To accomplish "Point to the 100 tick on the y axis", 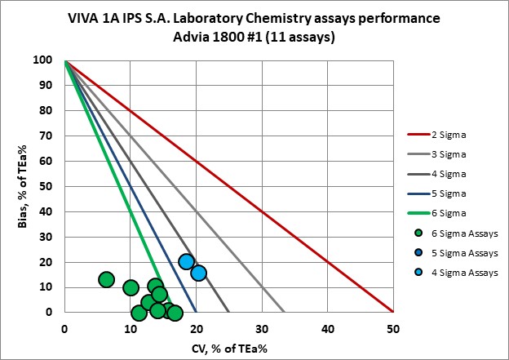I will click(x=49, y=60).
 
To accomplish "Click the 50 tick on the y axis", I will click(x=51, y=186).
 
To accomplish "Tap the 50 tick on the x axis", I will click(x=393, y=329).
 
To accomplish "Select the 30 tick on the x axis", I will click(x=262, y=329).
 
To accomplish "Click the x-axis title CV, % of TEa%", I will click(x=228, y=348).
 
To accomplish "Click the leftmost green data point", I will click(x=106, y=279).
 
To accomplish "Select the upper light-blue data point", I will click(x=186, y=262).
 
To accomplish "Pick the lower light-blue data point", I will click(x=198, y=273).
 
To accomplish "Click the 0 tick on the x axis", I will click(x=64, y=329).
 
